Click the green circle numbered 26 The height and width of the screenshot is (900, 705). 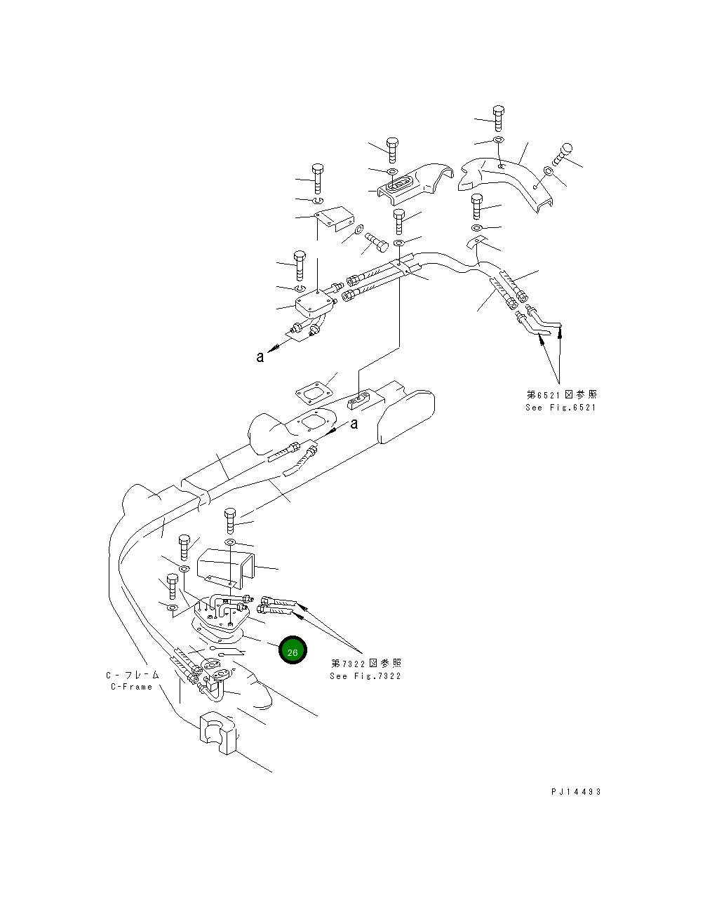(293, 651)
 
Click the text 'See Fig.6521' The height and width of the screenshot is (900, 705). (560, 408)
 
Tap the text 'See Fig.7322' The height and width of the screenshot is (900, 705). (365, 676)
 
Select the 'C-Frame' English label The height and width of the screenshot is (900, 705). (131, 687)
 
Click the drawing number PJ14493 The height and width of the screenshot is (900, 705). (576, 791)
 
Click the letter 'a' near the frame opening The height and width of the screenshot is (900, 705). (354, 423)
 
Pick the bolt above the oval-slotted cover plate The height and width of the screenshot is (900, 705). (392, 148)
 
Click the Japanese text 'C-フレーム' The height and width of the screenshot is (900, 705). (133, 675)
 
